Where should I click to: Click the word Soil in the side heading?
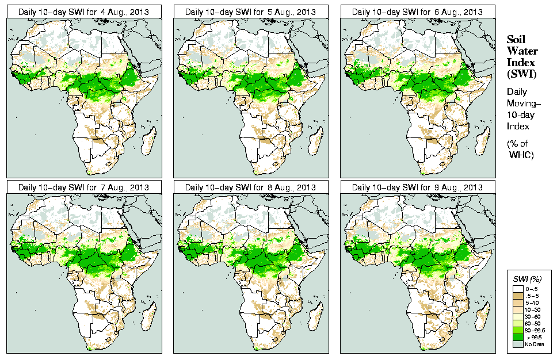516,39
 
